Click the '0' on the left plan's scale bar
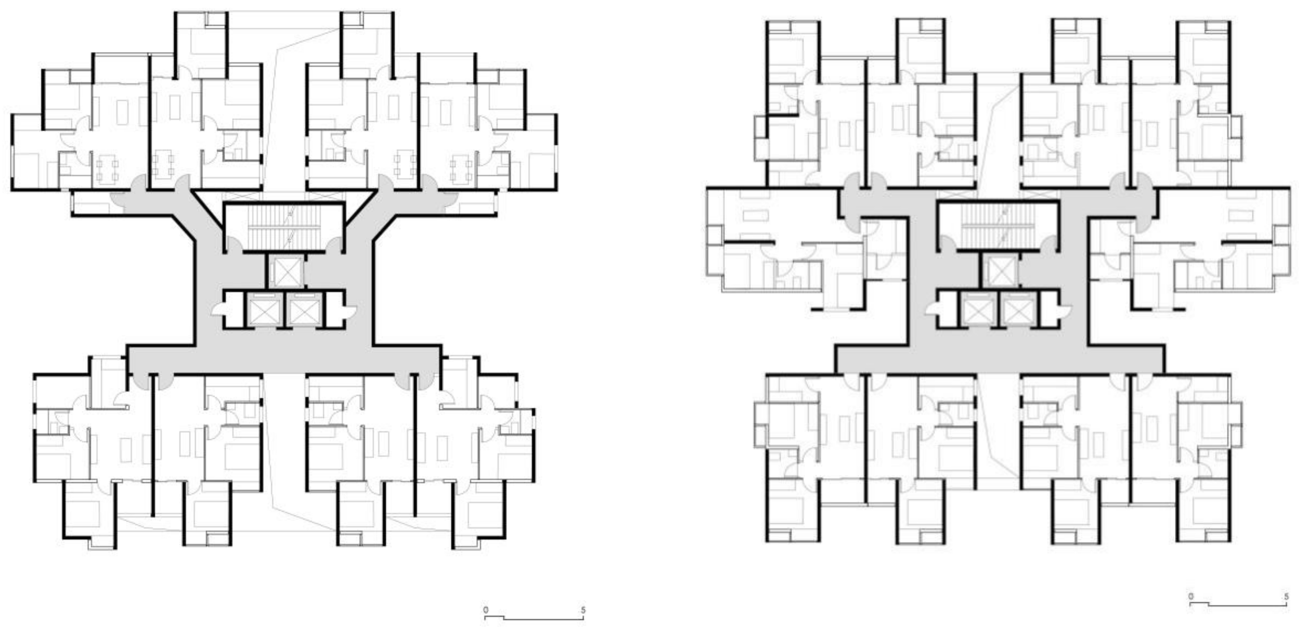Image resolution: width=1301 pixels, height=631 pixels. click(x=486, y=610)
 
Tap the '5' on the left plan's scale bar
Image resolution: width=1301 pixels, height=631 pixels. click(x=583, y=610)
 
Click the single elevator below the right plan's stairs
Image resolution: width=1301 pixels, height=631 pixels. click(x=1000, y=271)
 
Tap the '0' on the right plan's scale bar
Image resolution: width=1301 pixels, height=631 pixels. click(x=1191, y=597)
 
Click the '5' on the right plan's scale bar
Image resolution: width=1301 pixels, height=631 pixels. click(x=1286, y=597)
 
